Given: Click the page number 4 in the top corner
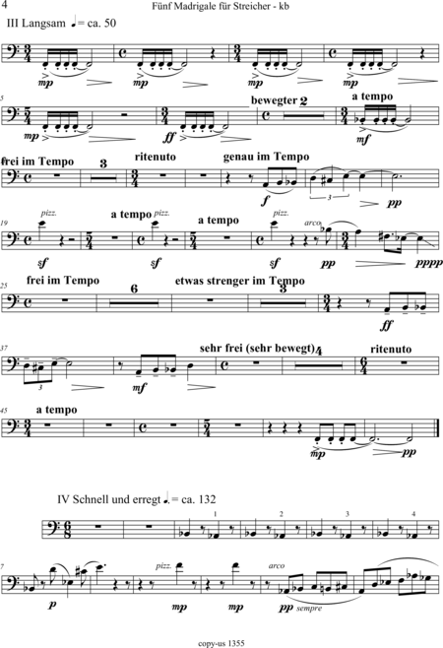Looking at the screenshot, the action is (5, 5).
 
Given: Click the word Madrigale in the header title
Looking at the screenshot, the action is (193, 6).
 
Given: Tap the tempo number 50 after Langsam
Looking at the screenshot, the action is (109, 24).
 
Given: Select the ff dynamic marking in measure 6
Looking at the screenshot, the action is (170, 137).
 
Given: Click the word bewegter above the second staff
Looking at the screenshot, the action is (274, 100).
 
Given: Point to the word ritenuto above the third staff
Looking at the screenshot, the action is (156, 157).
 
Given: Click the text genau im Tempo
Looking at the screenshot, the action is (266, 157).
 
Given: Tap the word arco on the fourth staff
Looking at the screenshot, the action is (312, 223).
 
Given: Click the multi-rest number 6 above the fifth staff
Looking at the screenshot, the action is (134, 289).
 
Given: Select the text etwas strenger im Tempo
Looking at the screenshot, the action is (240, 281).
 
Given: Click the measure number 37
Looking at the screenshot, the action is (4, 349).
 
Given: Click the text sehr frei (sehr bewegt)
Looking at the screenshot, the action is (257, 349).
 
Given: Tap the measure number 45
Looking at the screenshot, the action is (4, 411).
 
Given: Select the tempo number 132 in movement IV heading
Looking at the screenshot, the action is (207, 499).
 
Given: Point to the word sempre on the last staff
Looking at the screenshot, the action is (309, 609).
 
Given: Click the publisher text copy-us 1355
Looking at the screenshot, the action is (221, 643).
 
